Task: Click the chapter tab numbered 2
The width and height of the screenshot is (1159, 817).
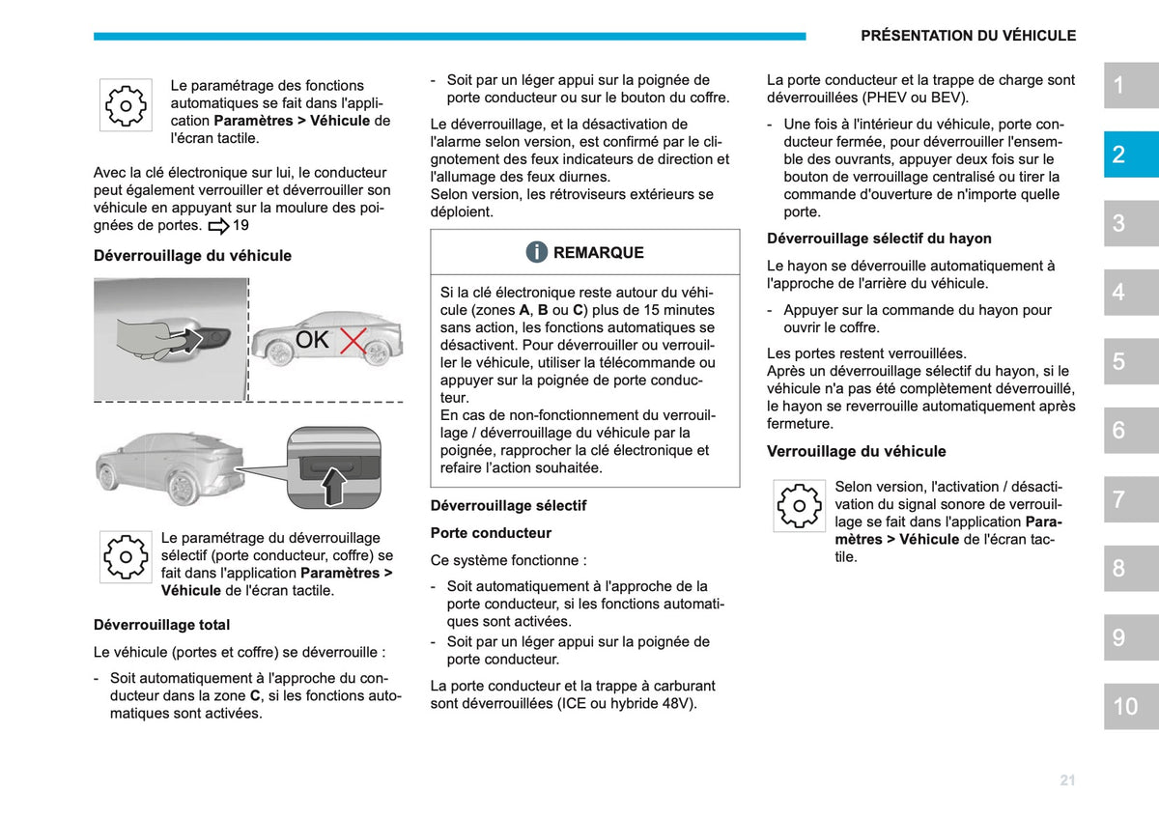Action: pos(1131,155)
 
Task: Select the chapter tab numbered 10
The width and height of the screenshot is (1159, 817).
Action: pos(1131,706)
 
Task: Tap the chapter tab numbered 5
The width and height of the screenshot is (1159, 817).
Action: pos(1131,361)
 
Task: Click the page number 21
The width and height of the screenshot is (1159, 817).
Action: pos(1067,779)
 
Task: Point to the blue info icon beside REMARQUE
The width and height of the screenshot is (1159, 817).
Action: pos(537,252)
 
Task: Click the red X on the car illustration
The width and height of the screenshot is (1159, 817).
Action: pos(353,341)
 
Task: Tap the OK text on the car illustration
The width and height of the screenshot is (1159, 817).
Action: pos(312,340)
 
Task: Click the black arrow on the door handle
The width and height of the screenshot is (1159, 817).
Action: pos(186,340)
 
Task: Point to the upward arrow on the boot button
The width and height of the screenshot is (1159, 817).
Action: pos(334,486)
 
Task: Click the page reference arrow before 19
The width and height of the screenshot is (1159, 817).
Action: pos(218,226)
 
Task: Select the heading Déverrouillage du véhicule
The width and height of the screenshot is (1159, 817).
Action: pos(192,256)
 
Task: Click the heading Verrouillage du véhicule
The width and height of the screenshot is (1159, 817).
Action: pos(857,451)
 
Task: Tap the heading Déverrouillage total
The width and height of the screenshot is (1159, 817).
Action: pos(161,625)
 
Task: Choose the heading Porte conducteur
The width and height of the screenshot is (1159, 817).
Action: pos(491,533)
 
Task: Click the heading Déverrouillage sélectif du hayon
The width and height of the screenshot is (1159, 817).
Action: pos(879,239)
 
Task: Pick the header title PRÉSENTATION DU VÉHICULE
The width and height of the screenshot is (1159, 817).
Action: pos(968,35)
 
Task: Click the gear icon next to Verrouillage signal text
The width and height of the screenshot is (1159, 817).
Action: pos(799,505)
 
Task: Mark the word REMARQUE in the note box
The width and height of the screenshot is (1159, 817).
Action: pos(599,252)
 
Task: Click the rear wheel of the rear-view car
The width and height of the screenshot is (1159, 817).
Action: pos(182,488)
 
